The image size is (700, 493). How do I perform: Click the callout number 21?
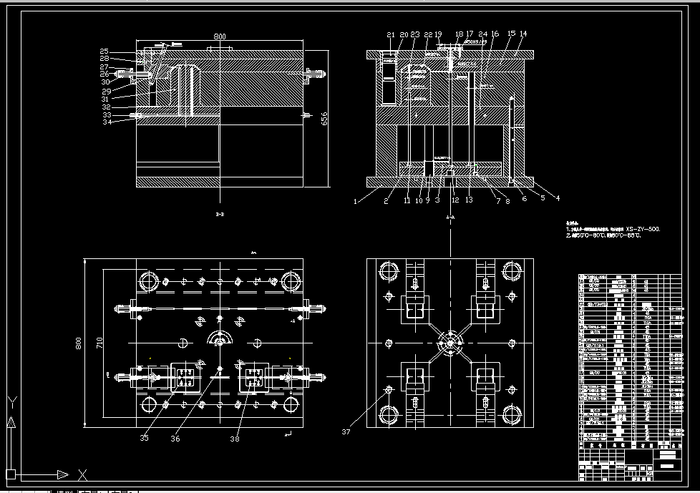pos(390,34)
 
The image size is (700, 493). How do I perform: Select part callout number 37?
pos(346,431)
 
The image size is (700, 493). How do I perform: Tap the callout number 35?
pos(145,438)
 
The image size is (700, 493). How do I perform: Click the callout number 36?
pos(175,438)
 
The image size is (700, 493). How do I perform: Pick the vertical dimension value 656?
pos(324,118)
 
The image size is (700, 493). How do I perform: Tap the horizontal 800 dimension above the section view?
pos(220,36)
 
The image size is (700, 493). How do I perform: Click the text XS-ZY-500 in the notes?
pos(643,229)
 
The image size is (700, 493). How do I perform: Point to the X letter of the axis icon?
pos(82,474)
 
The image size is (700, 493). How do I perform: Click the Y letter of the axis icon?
pos(11,401)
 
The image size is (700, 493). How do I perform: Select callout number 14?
pos(523,34)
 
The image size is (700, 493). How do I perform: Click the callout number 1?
pos(354,201)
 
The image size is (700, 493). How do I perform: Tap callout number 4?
pos(558,198)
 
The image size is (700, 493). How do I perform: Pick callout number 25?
pos(104,52)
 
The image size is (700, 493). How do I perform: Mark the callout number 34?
pos(107,122)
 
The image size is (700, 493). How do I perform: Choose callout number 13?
pos(470,200)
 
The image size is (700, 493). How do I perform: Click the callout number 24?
pos(483,34)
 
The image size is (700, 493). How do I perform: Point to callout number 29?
pos(106,92)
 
